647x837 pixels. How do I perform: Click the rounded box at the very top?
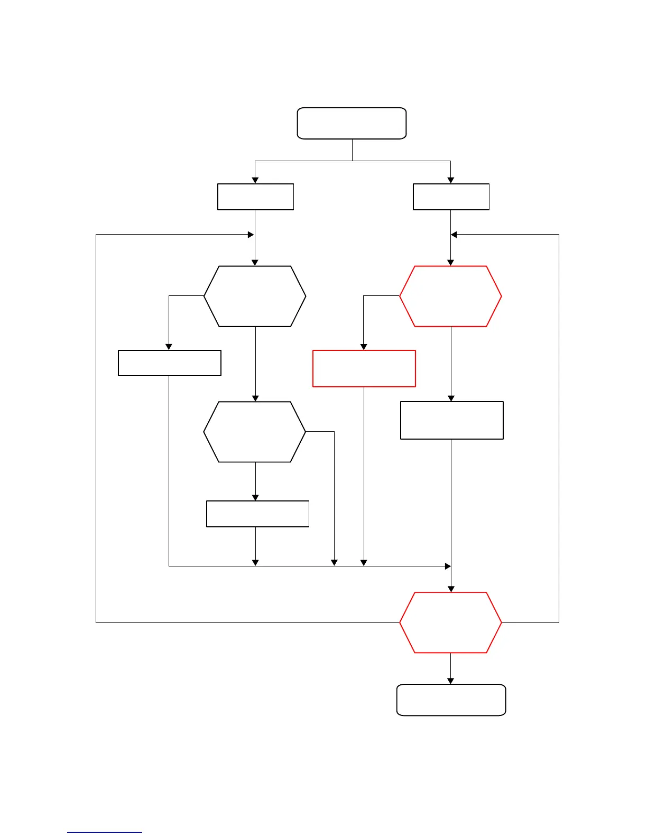(x=352, y=123)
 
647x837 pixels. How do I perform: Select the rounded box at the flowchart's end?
(x=451, y=700)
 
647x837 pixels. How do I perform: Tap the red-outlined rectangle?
(x=364, y=368)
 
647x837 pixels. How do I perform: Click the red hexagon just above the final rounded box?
(x=450, y=622)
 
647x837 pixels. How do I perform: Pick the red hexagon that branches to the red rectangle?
(x=450, y=296)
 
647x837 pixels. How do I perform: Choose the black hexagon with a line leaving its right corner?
(x=255, y=432)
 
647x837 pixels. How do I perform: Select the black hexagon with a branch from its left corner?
(x=255, y=296)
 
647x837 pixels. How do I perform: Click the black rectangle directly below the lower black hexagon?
(x=257, y=514)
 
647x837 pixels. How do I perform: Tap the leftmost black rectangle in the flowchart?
(x=169, y=362)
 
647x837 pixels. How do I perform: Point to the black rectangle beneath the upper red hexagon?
(x=451, y=420)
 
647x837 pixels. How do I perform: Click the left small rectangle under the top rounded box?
(x=255, y=197)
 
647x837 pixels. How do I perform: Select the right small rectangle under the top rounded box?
(x=451, y=197)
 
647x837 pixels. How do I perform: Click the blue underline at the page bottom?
(x=104, y=832)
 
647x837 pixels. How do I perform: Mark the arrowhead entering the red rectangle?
(x=364, y=347)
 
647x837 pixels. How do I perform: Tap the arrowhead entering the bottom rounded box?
(x=450, y=681)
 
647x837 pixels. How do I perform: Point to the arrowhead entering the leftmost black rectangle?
(x=169, y=347)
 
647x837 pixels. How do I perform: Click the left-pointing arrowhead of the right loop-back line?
(x=454, y=235)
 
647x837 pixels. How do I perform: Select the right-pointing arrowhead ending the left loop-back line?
(x=251, y=235)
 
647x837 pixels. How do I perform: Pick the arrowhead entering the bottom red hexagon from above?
(x=451, y=589)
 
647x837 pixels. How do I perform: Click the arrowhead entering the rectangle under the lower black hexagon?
(x=255, y=498)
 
